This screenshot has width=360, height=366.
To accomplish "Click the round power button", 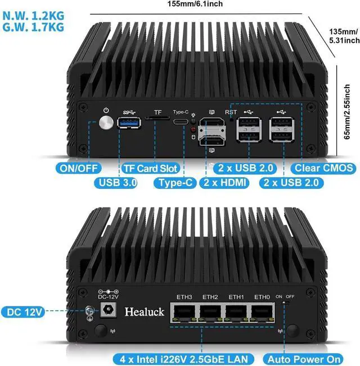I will coord(105,123).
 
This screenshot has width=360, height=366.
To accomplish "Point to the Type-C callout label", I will coord(174,183).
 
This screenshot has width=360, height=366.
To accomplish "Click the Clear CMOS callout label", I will coord(323,168).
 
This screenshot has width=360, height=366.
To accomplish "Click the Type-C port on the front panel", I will coord(181,122).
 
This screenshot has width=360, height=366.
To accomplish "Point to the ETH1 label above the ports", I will coord(236,297).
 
